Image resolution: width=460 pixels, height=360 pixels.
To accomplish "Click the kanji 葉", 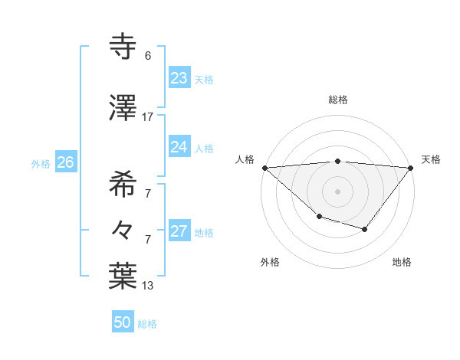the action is coord(123,277).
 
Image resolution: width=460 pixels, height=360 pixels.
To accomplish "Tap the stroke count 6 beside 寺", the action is coord(148,56).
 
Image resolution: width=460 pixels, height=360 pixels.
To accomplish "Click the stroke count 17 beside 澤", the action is coord(148,117).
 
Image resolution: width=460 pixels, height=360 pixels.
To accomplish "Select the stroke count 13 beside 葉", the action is coord(148,286).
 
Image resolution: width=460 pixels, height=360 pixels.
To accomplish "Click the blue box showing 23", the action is coord(179,78).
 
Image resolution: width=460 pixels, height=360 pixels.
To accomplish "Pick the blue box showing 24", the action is coord(179,147).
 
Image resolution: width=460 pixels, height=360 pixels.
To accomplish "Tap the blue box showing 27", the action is coord(179,232).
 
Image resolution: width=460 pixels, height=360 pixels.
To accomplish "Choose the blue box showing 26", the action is coord(65,162).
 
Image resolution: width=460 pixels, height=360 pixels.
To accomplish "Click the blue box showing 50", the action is coord(122,322).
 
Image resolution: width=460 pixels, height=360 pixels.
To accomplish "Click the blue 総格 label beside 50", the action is coord(147,324).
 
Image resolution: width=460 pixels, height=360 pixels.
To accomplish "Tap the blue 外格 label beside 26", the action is coord(41,164).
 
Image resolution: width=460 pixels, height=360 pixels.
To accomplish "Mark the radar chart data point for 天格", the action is coord(412,167).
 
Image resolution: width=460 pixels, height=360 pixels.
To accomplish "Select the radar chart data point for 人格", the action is coord(264,167).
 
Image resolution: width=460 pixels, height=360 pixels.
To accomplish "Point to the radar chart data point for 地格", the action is coord(365,229).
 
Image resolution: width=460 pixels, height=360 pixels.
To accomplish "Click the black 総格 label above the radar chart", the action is coord(338,100).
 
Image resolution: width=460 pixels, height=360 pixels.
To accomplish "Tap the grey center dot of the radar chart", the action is coord(338,191).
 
